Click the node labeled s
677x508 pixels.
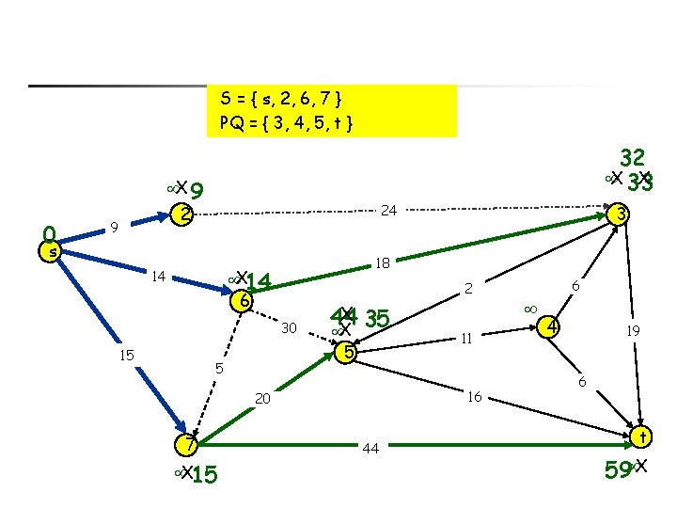[x=54, y=251]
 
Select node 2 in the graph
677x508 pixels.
[x=186, y=214]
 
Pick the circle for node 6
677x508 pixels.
[x=243, y=301]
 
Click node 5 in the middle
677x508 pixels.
[x=348, y=353]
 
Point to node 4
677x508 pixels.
[x=554, y=327]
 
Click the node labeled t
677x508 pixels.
[x=642, y=437]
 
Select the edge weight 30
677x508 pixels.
[x=290, y=327]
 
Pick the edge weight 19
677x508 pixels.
[x=636, y=330]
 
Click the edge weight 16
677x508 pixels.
[x=476, y=397]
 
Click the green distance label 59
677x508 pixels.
[x=617, y=467]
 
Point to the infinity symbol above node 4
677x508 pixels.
[x=529, y=308]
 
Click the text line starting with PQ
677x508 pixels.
[x=286, y=122]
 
